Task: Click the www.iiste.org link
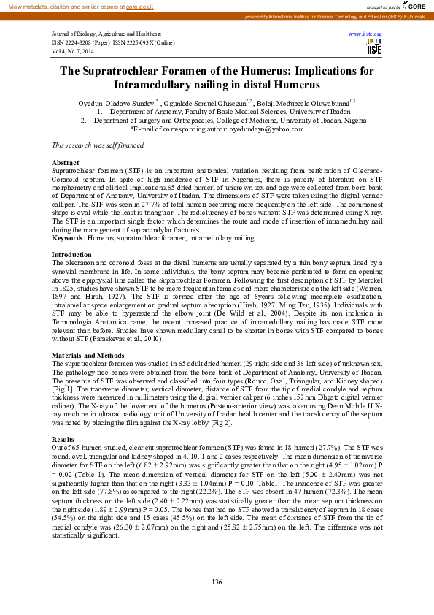pos(366,34)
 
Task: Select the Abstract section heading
pos(66,161)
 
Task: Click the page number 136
pos(217,581)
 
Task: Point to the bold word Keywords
pos(68,238)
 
